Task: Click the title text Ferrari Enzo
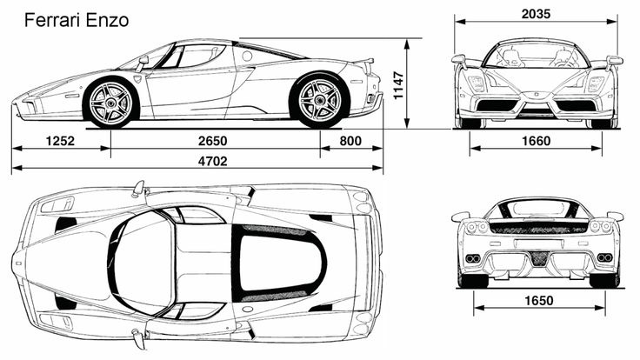(x=77, y=20)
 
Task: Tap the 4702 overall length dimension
(x=213, y=161)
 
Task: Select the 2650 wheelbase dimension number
(x=213, y=141)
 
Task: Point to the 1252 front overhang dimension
(x=60, y=141)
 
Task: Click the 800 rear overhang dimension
(x=350, y=141)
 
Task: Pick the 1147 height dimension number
(x=398, y=85)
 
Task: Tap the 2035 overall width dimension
(x=536, y=14)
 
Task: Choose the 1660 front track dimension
(x=537, y=141)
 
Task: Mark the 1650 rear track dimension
(x=539, y=301)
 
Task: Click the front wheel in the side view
(x=111, y=102)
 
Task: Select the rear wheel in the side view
(x=319, y=100)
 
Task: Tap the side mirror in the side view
(x=143, y=62)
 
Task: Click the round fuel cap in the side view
(x=247, y=56)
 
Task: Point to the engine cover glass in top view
(x=277, y=263)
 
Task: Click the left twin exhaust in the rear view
(x=473, y=258)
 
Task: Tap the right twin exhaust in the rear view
(x=604, y=257)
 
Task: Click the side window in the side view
(x=200, y=56)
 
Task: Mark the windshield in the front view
(x=537, y=55)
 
